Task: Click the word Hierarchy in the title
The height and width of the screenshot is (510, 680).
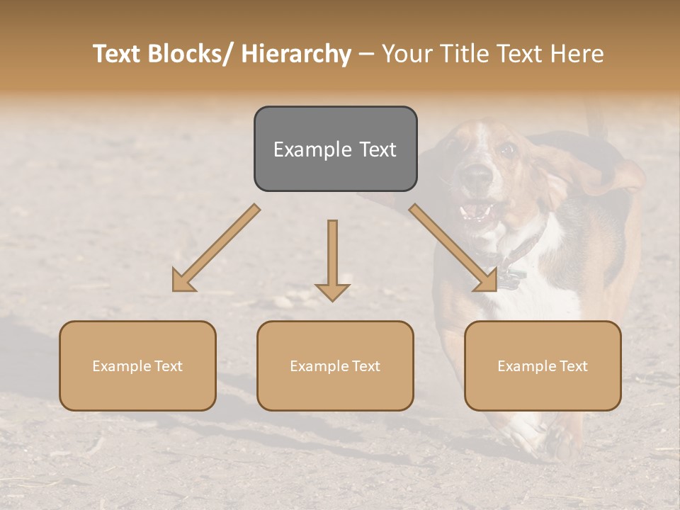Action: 296,54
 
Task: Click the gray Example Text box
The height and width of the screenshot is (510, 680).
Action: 335,149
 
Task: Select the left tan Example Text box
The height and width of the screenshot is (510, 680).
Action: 137,365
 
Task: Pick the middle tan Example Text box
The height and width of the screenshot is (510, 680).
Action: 335,365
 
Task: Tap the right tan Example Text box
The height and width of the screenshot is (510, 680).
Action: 543,365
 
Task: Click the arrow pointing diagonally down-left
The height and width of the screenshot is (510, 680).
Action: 215,248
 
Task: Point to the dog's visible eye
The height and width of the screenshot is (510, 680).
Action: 505,149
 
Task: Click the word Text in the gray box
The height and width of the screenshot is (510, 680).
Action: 376,149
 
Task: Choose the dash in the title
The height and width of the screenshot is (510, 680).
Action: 366,54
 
